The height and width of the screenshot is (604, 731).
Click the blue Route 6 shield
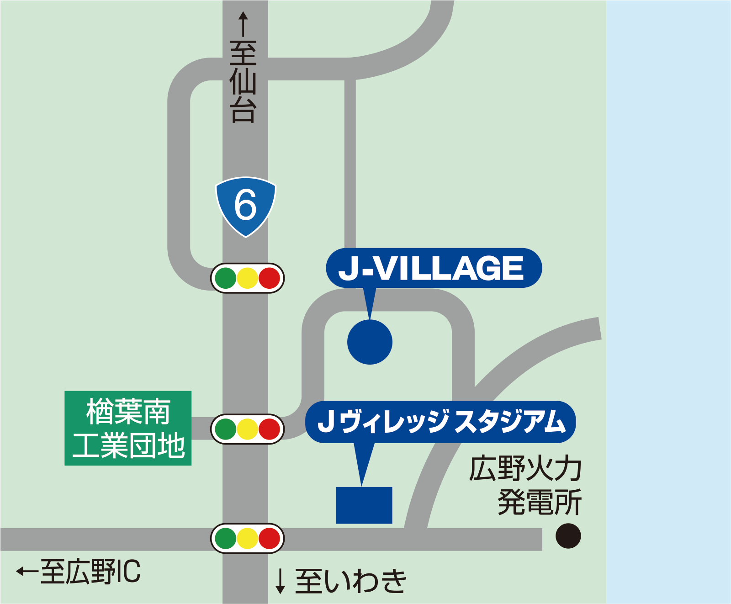click(245, 206)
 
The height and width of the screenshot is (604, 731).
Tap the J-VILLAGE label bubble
click(434, 268)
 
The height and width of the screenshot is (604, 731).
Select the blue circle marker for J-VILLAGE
click(370, 342)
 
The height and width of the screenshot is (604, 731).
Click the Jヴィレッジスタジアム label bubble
click(440, 422)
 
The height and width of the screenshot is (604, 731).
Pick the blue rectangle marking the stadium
click(364, 505)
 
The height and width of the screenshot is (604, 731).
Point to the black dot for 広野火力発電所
click(568, 536)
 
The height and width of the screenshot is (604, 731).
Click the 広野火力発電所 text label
click(525, 485)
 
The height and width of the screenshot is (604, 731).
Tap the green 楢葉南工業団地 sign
click(128, 428)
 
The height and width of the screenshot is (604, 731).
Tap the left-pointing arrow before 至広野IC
click(26, 571)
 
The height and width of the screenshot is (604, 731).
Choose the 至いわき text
click(350, 581)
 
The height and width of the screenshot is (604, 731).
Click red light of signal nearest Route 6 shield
click(269, 278)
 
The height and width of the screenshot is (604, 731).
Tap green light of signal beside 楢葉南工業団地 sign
click(226, 429)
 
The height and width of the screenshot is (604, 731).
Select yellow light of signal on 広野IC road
click(248, 539)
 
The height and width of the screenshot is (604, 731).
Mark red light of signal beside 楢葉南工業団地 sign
click(269, 429)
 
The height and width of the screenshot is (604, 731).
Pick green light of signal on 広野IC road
click(226, 539)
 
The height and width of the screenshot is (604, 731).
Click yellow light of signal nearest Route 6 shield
click(248, 278)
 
